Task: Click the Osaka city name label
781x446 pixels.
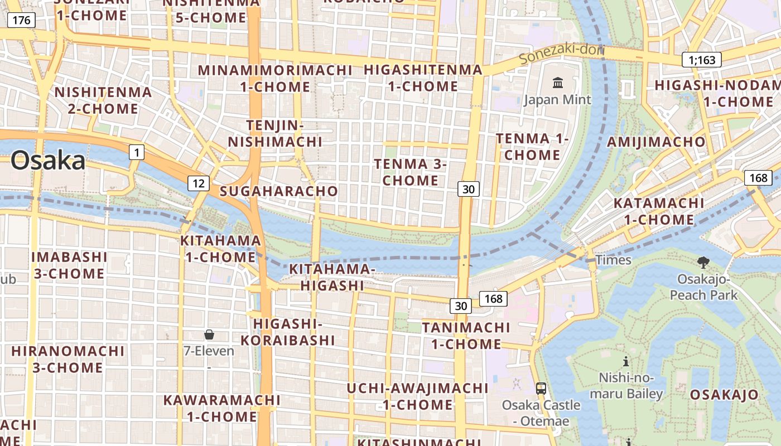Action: coord(48,161)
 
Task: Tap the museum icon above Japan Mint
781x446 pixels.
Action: coord(557,83)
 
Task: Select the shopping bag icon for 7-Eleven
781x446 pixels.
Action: coord(209,334)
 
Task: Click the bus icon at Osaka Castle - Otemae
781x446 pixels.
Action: coord(541,389)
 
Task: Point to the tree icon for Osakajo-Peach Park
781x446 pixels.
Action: coord(703,262)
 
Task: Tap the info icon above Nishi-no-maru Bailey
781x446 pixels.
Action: coord(626,361)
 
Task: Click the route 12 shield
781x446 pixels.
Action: coord(199,183)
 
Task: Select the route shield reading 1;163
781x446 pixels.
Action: coord(702,60)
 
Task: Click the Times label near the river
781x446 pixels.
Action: coord(613,260)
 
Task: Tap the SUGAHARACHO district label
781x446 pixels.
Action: coord(279,191)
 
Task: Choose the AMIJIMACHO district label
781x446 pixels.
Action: coord(656,142)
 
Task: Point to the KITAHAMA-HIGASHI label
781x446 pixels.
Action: coord(332,277)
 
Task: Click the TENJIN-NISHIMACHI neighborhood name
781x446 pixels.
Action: coord(275,133)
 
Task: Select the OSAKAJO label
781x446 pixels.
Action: coord(724,395)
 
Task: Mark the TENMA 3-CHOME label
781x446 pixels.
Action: coord(411,172)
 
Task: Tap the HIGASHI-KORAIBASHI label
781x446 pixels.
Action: coord(288,332)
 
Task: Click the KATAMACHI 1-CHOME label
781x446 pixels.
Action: coord(659,211)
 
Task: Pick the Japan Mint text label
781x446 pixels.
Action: coord(557,100)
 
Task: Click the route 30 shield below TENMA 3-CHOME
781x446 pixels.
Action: coord(469,189)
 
